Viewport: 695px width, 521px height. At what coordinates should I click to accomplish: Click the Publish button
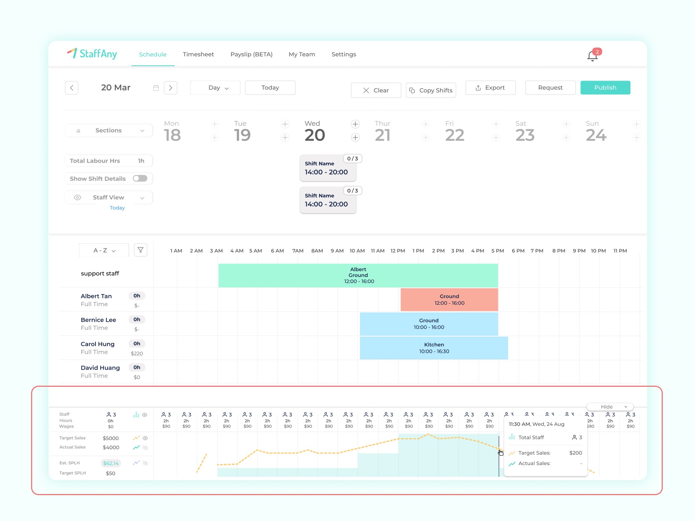(x=605, y=88)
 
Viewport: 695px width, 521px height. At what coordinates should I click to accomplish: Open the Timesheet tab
(x=198, y=54)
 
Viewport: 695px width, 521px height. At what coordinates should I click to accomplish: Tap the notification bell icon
(x=592, y=56)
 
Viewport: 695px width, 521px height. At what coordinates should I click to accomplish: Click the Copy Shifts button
(x=431, y=90)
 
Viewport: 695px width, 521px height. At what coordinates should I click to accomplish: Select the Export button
(x=490, y=88)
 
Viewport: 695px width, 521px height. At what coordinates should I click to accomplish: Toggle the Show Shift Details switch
(x=140, y=178)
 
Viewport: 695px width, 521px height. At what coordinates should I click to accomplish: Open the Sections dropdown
(x=109, y=130)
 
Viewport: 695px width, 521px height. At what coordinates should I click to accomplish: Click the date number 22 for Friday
(x=455, y=135)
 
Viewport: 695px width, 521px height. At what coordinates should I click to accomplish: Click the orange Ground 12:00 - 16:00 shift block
(x=449, y=299)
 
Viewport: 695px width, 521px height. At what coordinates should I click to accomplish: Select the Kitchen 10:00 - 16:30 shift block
(x=434, y=348)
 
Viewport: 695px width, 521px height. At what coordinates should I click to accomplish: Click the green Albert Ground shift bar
(x=358, y=275)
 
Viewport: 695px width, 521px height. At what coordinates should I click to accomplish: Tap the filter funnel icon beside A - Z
(x=140, y=250)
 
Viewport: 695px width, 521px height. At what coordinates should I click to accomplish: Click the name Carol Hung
(x=98, y=344)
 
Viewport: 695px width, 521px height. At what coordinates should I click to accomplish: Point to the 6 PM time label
(x=518, y=251)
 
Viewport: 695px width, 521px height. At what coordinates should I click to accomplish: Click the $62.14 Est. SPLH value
(x=110, y=463)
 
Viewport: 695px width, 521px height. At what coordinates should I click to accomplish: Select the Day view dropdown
(x=215, y=88)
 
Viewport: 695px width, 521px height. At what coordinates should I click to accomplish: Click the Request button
(x=550, y=88)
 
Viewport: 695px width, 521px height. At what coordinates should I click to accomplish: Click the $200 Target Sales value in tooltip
(x=575, y=453)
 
